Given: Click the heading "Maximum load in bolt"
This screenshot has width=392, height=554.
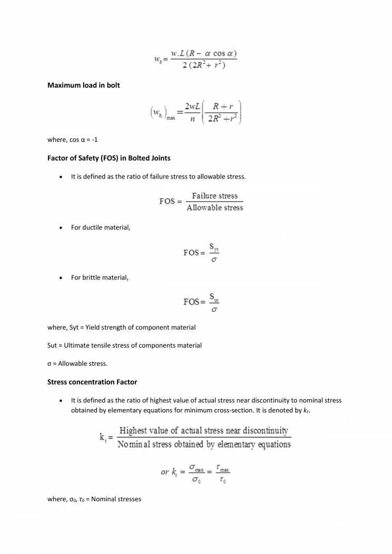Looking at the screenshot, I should pyautogui.click(x=84, y=85).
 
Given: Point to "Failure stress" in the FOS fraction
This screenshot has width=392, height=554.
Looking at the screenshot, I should pyautogui.click(x=214, y=196).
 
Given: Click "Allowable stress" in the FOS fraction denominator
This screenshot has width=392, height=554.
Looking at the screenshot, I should pyautogui.click(x=214, y=208).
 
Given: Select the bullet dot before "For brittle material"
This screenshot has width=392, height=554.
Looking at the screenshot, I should pyautogui.click(x=63, y=278).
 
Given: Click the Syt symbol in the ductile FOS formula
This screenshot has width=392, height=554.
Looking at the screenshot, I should pyautogui.click(x=214, y=246).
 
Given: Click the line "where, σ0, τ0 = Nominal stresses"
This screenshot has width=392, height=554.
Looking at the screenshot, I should pyautogui.click(x=94, y=499).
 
